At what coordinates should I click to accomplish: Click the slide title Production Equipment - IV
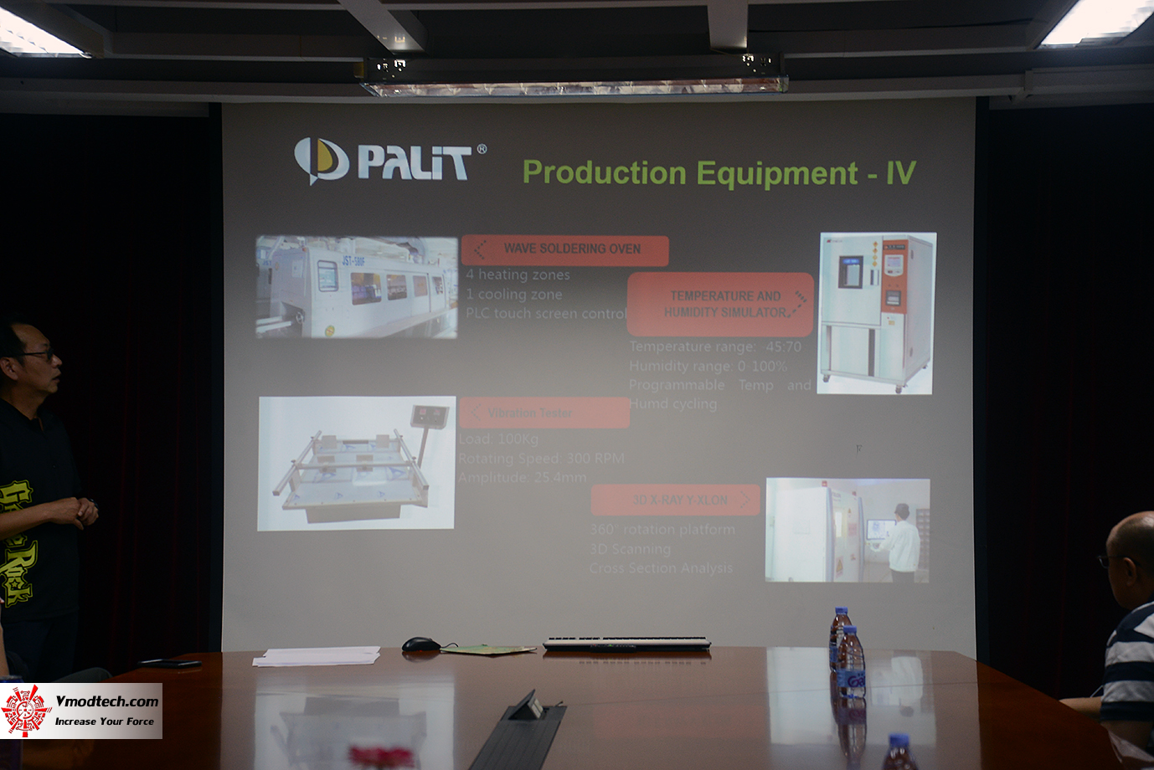tap(719, 173)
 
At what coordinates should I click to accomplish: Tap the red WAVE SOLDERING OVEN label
tap(565, 249)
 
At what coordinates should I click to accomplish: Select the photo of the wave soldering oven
tap(357, 287)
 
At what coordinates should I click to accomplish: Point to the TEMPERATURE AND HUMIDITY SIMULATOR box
tap(721, 305)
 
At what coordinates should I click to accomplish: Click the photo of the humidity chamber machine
tap(877, 312)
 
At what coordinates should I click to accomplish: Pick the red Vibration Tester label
tap(544, 413)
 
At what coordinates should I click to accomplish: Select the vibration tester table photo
tap(357, 463)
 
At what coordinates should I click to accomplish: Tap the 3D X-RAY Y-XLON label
tap(676, 500)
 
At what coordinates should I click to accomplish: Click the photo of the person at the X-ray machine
tap(847, 530)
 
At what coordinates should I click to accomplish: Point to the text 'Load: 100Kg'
tap(498, 439)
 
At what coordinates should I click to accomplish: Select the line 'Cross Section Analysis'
tap(661, 568)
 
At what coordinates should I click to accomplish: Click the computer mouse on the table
tap(420, 644)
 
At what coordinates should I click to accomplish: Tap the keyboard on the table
tap(626, 644)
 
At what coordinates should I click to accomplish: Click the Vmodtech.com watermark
tap(81, 711)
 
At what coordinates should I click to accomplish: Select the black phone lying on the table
tap(171, 664)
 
